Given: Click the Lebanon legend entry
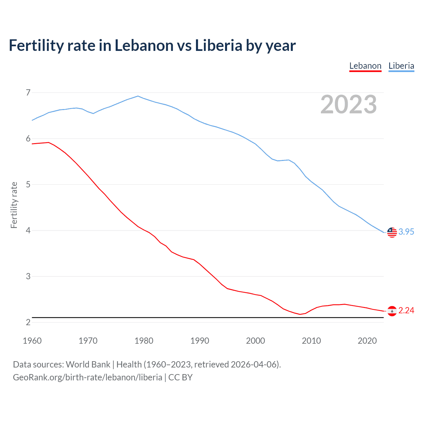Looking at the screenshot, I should pyautogui.click(x=365, y=66).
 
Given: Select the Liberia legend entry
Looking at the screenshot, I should pyautogui.click(x=401, y=66).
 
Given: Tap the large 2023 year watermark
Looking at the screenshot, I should pyautogui.click(x=349, y=104).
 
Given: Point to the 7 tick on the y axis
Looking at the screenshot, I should pyautogui.click(x=28, y=93).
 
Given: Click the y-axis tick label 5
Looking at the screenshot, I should pyautogui.click(x=28, y=184).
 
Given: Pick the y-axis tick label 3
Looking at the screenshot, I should pyautogui.click(x=28, y=276).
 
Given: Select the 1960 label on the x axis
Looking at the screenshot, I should pyautogui.click(x=32, y=341).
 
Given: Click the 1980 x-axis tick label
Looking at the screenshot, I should pyautogui.click(x=144, y=341).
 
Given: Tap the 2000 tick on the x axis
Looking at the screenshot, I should pyautogui.click(x=255, y=341).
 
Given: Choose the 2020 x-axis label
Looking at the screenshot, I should pyautogui.click(x=367, y=341).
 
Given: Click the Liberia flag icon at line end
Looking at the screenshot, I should pyautogui.click(x=392, y=232).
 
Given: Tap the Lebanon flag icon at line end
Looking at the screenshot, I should pyautogui.click(x=392, y=311).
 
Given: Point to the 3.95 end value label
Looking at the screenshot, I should pyautogui.click(x=406, y=232).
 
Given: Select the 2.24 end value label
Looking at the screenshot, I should pyautogui.click(x=406, y=310).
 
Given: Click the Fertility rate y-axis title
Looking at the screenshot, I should pyautogui.click(x=14, y=205).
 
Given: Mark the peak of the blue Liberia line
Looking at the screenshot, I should pyautogui.click(x=138, y=96).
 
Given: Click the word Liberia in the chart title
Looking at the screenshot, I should pyautogui.click(x=219, y=46).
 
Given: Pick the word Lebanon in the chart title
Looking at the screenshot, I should pyautogui.click(x=144, y=46).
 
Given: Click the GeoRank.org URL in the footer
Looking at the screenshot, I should pyautogui.click(x=88, y=377).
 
